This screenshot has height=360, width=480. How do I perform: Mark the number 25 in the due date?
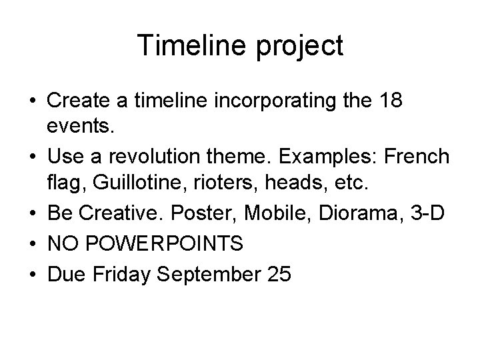click(x=277, y=273)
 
